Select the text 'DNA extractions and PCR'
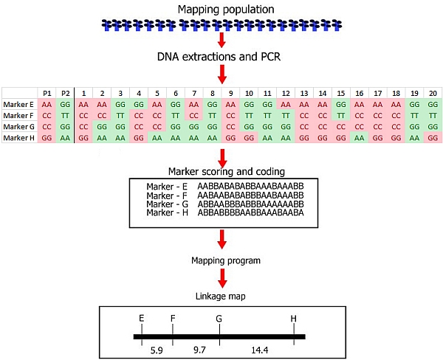click(221, 56)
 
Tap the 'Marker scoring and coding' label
click(222, 171)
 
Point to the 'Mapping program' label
click(221, 260)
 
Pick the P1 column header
click(47, 93)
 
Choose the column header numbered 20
click(431, 93)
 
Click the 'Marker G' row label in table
click(18, 127)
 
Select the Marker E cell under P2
click(65, 105)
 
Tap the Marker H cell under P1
click(47, 138)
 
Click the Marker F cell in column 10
click(249, 116)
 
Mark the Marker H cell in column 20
click(431, 138)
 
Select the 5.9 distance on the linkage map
click(156, 347)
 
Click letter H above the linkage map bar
click(294, 319)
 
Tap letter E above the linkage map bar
click(141, 319)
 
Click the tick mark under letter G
click(219, 336)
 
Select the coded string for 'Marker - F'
click(250, 194)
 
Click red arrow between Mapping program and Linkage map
click(221, 278)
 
